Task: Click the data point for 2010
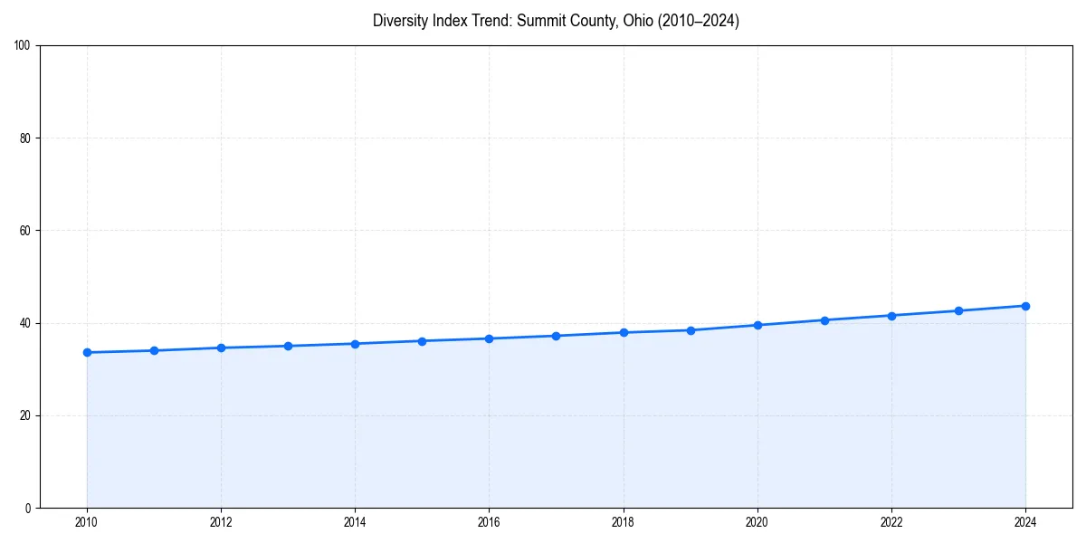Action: coord(87,352)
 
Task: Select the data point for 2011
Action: coord(154,350)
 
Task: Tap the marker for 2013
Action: coord(288,346)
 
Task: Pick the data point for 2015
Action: coord(422,341)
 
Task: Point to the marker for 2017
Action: coord(556,336)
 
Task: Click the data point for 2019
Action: coord(691,330)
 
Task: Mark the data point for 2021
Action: coord(824,320)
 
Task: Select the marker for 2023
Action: coord(958,310)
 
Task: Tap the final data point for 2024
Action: coord(1025,306)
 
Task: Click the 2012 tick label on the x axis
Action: coord(221,522)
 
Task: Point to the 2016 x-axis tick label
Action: coord(489,522)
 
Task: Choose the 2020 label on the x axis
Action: coord(757,522)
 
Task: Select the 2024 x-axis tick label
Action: coord(1025,522)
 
